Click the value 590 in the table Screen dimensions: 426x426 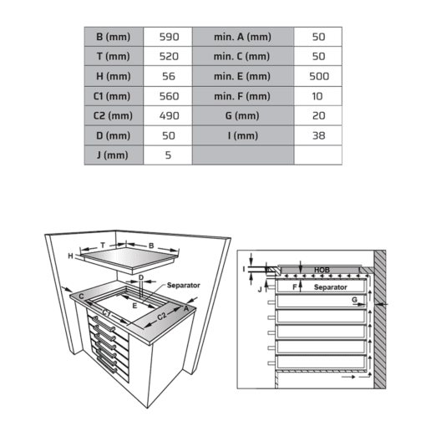tap(169, 37)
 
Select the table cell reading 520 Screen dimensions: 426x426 tap(169, 57)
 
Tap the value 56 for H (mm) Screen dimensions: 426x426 tap(169, 76)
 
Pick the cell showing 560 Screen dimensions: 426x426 tap(169, 96)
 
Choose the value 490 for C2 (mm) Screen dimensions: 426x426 tap(169, 116)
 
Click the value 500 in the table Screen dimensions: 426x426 tap(319, 76)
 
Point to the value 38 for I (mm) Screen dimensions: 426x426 tap(318, 136)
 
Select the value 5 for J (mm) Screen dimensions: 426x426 tap(168, 155)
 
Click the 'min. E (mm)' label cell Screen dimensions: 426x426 tap(242, 76)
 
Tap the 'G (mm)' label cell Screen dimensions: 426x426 tap(242, 116)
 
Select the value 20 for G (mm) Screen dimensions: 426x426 tap(318, 116)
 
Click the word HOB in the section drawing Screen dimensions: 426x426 tap(322, 270)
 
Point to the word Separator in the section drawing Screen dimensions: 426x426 tap(331, 287)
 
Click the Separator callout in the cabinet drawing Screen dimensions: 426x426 tap(184, 285)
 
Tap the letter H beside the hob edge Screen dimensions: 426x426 tap(71, 256)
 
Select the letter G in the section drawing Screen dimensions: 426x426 tap(354, 300)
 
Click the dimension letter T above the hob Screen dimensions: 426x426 tap(103, 245)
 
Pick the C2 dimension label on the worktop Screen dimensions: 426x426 tap(162, 316)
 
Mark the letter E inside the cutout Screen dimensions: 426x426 tap(134, 306)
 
